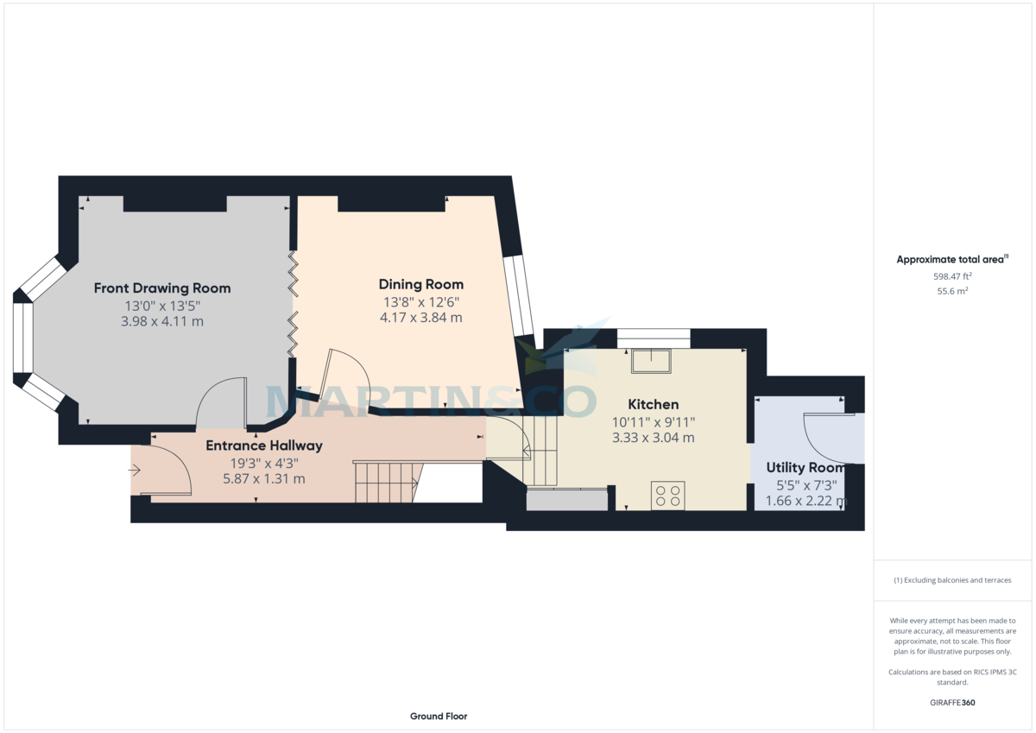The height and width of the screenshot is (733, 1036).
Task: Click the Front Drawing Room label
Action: pyautogui.click(x=162, y=288)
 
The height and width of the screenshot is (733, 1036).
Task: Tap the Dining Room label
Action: pyautogui.click(x=421, y=284)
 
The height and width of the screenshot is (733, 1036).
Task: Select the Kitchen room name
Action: pyautogui.click(x=653, y=404)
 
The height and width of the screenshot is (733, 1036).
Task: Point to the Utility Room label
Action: pyautogui.click(x=805, y=468)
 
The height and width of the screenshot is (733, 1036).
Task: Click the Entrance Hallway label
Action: pyautogui.click(x=264, y=446)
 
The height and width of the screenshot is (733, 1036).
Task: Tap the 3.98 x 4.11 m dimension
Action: pyautogui.click(x=162, y=321)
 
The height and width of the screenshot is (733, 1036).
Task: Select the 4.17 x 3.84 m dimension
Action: pyautogui.click(x=421, y=318)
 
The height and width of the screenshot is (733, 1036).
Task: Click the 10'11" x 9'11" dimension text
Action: pyautogui.click(x=654, y=421)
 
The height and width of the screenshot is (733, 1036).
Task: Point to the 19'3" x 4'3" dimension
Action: pyautogui.click(x=263, y=463)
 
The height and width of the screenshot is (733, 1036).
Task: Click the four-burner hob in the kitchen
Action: pyautogui.click(x=667, y=495)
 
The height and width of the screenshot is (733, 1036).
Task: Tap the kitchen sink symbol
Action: pyautogui.click(x=651, y=360)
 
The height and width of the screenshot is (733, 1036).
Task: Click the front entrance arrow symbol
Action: pyautogui.click(x=135, y=471)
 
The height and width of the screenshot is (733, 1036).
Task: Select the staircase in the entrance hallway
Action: pyautogui.click(x=385, y=482)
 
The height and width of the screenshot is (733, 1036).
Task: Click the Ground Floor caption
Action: pyautogui.click(x=439, y=717)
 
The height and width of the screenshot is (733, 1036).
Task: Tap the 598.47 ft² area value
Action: pyautogui.click(x=952, y=276)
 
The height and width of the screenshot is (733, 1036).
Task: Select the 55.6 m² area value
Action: pyautogui.click(x=952, y=292)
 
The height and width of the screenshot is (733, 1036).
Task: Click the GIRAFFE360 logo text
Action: pyautogui.click(x=952, y=703)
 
